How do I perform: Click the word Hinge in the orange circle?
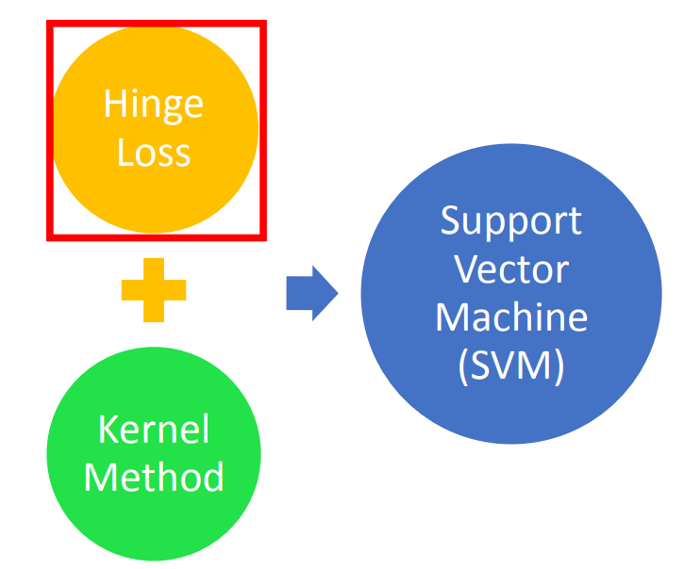(153, 104)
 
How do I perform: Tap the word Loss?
(154, 152)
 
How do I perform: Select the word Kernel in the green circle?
(154, 430)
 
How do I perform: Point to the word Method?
(154, 477)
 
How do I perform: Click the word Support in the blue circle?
(510, 222)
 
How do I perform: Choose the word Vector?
(510, 270)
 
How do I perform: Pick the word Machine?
(510, 317)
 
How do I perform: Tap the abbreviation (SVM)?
(510, 366)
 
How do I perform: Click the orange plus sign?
(154, 289)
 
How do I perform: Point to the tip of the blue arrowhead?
(337, 293)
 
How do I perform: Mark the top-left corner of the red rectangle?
(50, 23)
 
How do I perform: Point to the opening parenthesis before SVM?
(462, 366)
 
